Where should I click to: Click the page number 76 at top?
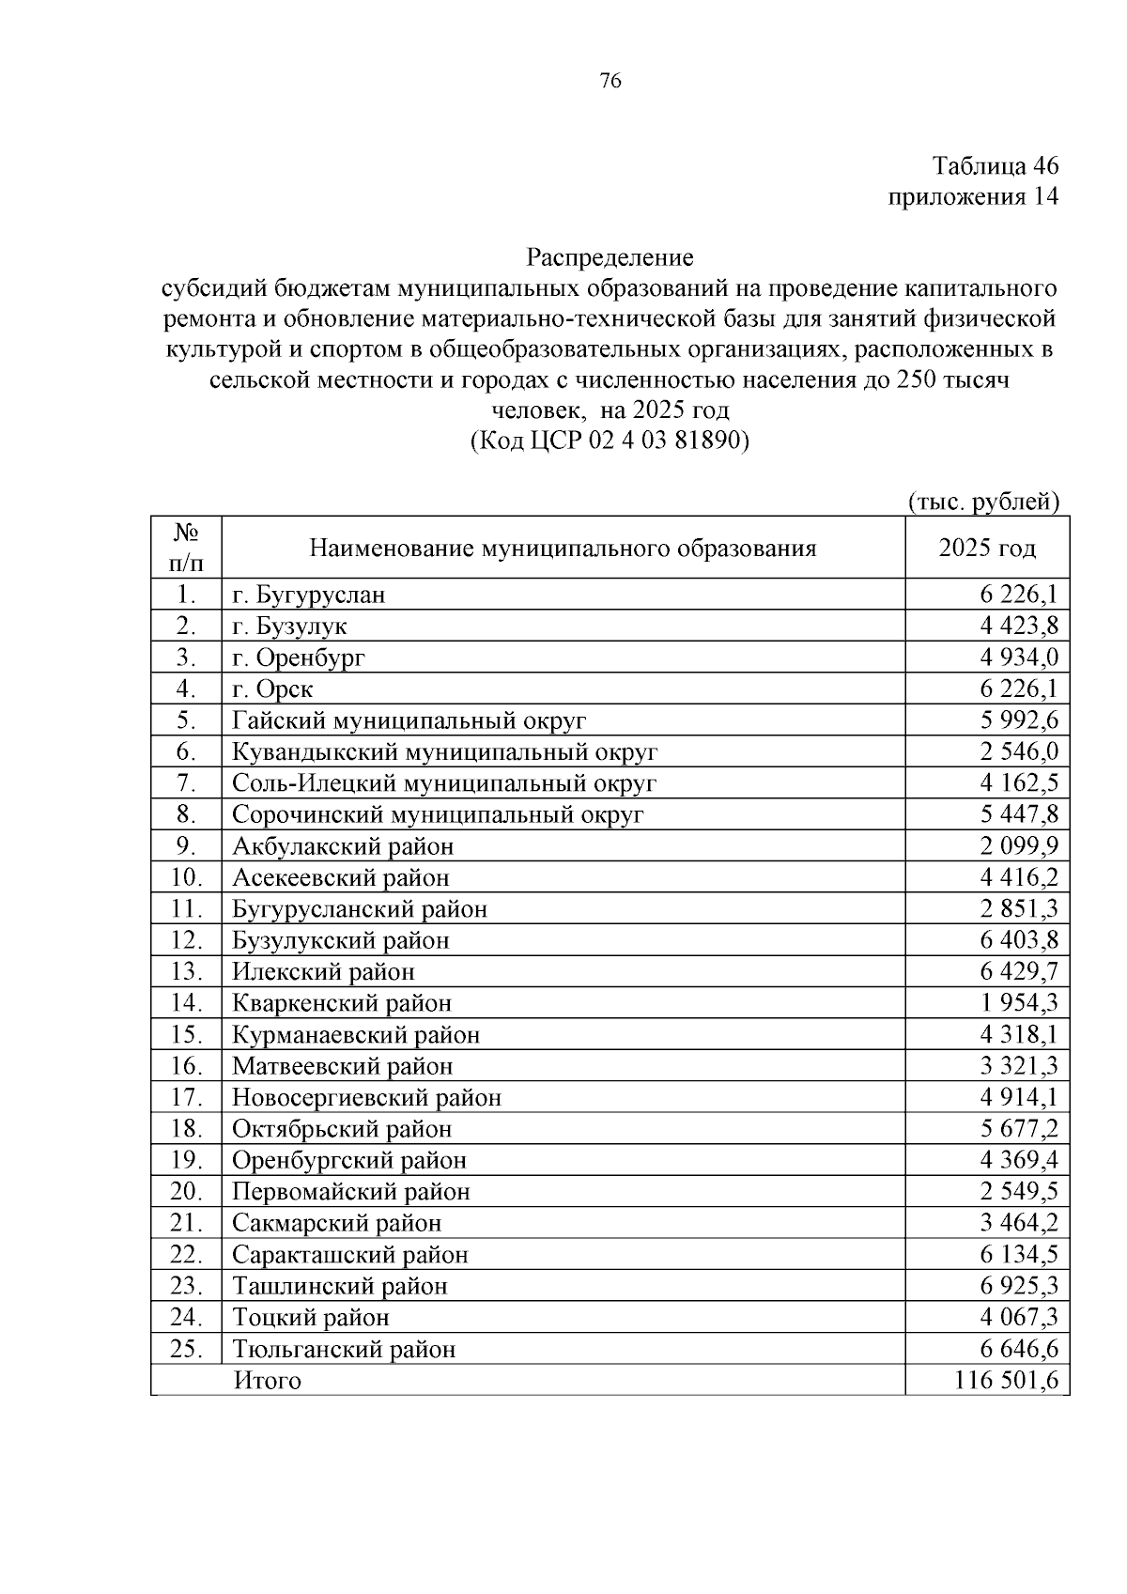[x=610, y=82]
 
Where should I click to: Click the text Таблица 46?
[x=995, y=166]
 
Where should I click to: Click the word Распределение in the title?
[x=610, y=256]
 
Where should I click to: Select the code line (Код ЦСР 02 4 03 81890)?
[x=610, y=441]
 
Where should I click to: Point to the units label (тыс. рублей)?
[x=983, y=502]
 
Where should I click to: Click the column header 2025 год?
[x=987, y=548]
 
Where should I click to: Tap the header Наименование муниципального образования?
[x=563, y=548]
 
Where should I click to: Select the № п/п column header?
[x=185, y=548]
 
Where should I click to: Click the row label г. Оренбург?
[x=299, y=658]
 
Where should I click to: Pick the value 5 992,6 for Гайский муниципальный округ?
[x=1019, y=720]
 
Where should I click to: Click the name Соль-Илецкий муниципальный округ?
[x=444, y=783]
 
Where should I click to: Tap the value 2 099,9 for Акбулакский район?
[x=1019, y=846]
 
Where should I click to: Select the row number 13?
[x=186, y=971]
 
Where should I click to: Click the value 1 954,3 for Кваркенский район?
[x=1019, y=1003]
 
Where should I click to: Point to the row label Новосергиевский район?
[x=366, y=1097]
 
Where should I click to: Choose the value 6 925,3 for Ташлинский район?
[x=1019, y=1286]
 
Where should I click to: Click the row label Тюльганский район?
[x=344, y=1350]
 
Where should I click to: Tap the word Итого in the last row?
[x=268, y=1381]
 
